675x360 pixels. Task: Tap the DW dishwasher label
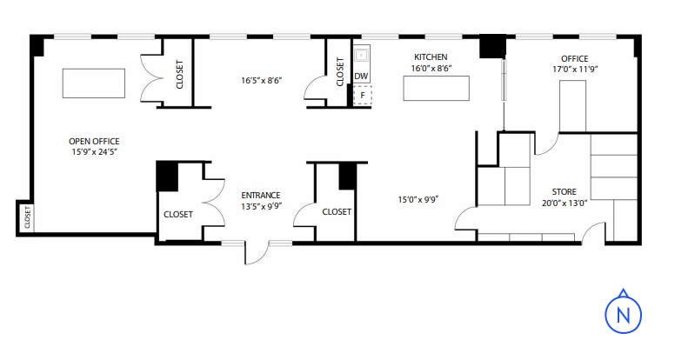[x=361, y=77]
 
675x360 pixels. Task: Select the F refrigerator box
[x=363, y=95]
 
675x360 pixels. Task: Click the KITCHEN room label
[x=430, y=57]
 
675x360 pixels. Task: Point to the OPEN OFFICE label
[x=94, y=141]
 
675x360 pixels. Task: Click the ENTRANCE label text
[x=260, y=196]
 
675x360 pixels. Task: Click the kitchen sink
[x=361, y=56]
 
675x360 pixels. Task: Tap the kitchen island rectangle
[x=436, y=89]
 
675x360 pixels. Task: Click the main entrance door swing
[x=257, y=253]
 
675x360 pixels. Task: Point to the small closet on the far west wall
[x=25, y=217]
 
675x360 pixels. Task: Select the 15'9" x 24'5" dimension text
[x=94, y=152]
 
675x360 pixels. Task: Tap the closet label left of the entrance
[x=177, y=215]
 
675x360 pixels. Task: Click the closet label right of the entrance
[x=337, y=212]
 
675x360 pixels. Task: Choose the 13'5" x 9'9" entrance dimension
[x=260, y=207]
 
